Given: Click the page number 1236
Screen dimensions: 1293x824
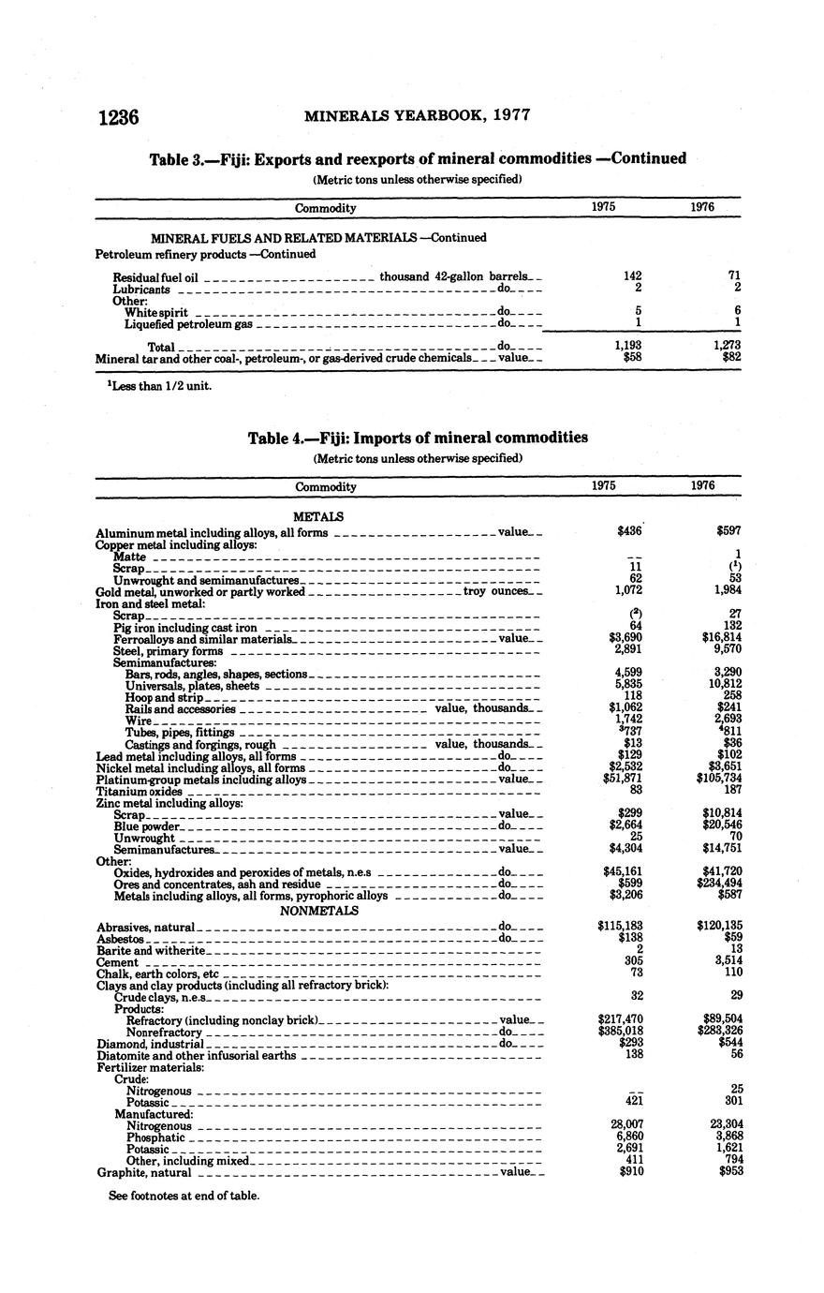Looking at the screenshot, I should (118, 117).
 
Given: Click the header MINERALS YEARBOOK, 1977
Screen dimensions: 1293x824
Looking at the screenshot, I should (418, 116).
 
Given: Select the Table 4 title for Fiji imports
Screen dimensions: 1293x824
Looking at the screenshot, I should (418, 438).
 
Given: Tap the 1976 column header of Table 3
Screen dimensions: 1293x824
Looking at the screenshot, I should (702, 207).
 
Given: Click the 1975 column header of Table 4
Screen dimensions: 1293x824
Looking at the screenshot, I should (604, 485).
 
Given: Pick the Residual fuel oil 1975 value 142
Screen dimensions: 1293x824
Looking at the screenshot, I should (632, 276).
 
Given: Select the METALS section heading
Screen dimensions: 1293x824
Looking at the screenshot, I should (318, 516).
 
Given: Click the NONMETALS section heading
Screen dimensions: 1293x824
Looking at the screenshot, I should (319, 910).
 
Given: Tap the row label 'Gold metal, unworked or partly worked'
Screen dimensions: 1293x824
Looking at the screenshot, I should (200, 591).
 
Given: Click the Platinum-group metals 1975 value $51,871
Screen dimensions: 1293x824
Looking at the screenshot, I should (619, 779).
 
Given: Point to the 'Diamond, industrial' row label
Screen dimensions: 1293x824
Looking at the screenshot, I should (150, 1043).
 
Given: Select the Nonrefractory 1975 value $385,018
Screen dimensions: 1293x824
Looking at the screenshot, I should (619, 1032).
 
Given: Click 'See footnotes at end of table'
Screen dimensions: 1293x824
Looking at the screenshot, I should (184, 1195).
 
